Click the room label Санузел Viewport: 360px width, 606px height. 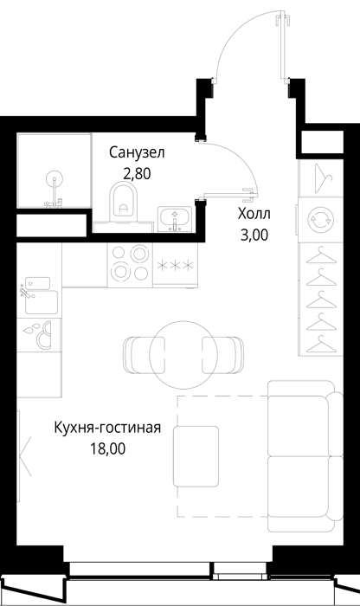pos(137,152)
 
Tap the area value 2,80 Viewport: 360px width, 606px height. pos(137,174)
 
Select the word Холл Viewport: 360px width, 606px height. pos(254,213)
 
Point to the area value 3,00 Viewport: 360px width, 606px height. pos(254,235)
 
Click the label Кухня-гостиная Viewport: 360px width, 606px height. pos(107,428)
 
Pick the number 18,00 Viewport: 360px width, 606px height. pos(108,448)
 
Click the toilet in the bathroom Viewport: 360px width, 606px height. pos(123,203)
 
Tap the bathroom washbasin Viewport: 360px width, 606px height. pos(175,219)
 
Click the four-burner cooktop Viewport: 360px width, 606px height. pos(130,264)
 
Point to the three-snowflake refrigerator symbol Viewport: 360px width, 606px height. pos(175,266)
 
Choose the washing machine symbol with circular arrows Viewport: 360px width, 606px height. pos(320,220)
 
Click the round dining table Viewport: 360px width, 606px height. pos(183,354)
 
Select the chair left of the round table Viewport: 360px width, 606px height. pos(144,355)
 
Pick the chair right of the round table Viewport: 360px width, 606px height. pos(223,355)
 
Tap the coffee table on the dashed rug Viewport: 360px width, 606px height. pos(196,456)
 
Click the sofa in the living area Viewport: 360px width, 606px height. pos(305,456)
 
